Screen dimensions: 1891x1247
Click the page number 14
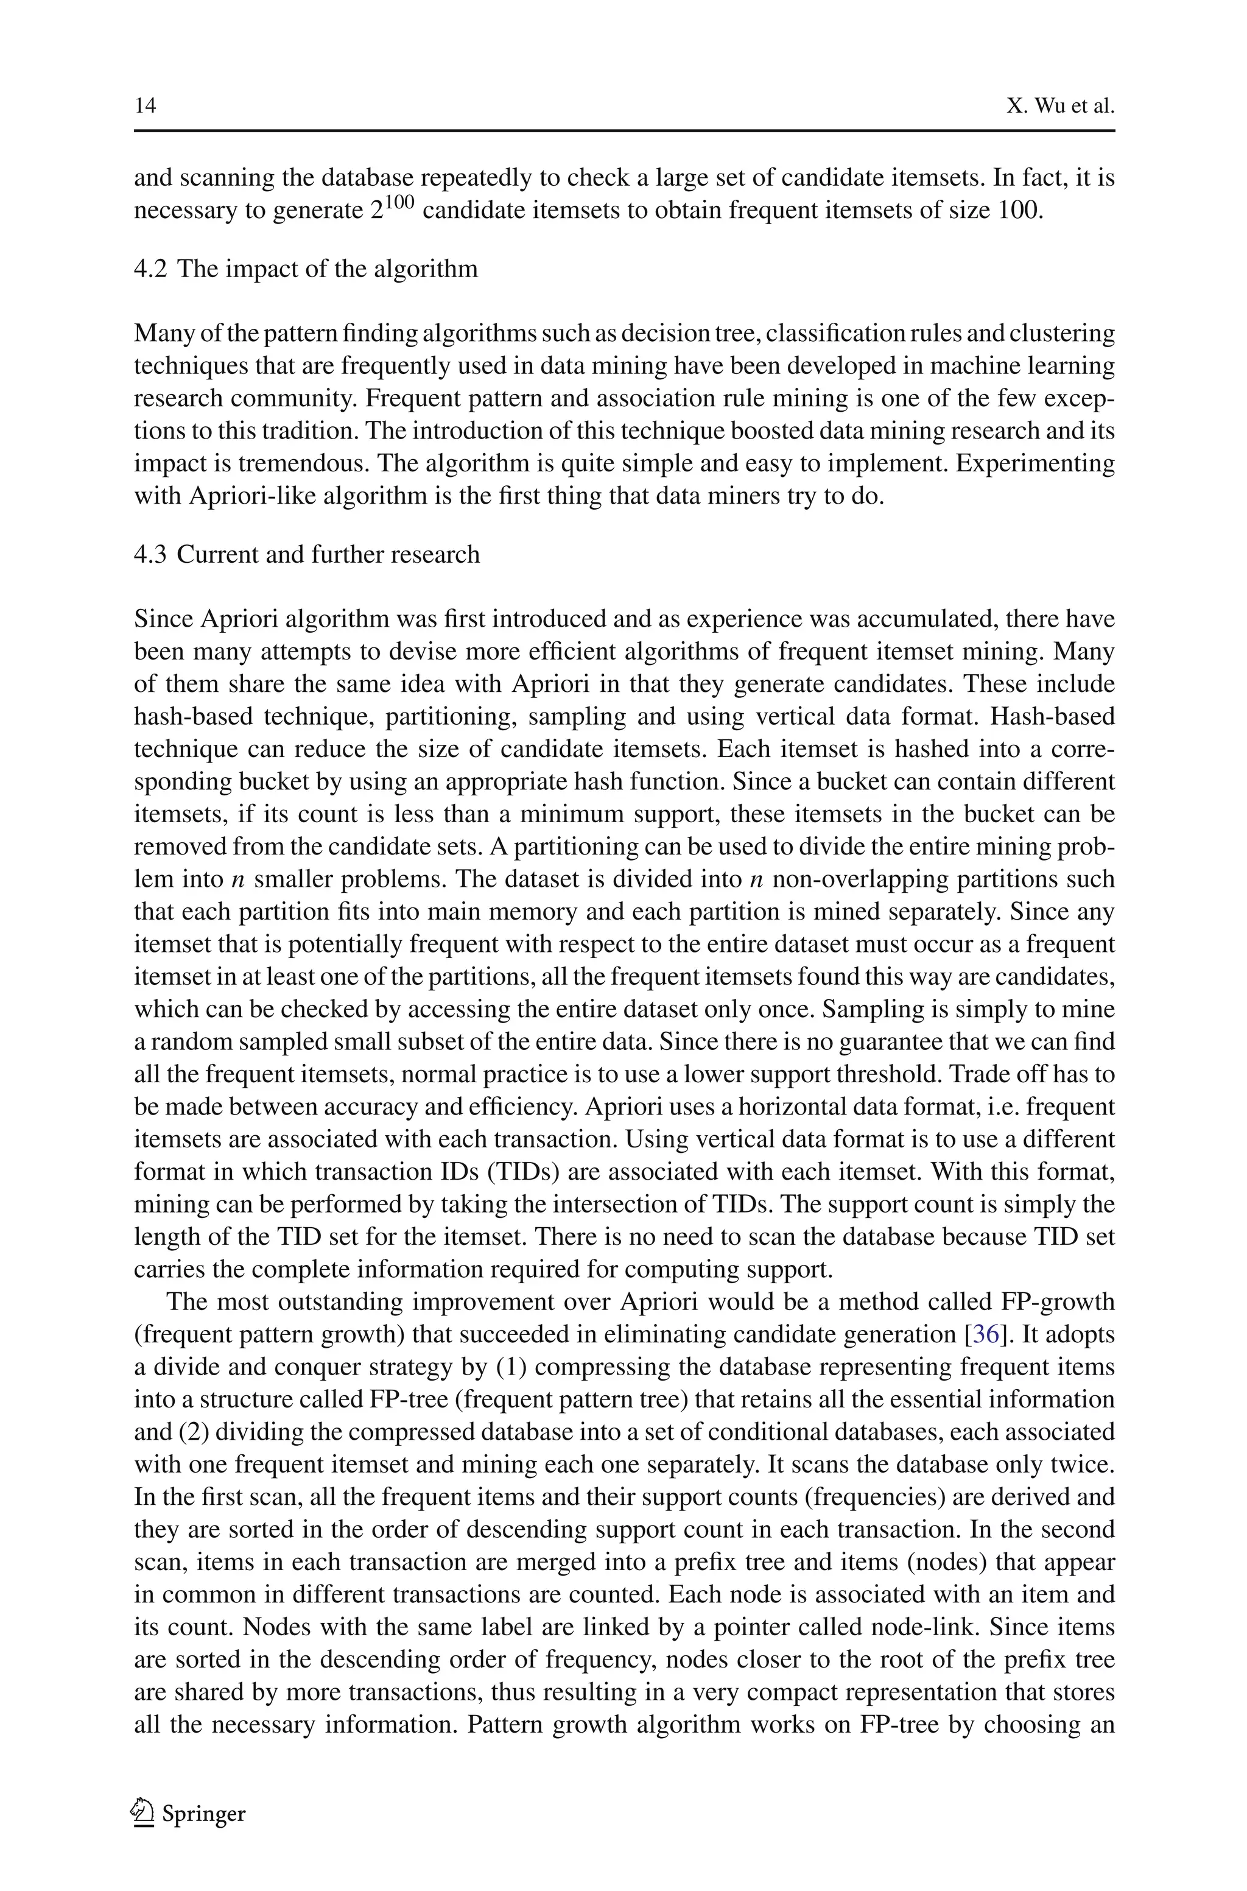pyautogui.click(x=145, y=106)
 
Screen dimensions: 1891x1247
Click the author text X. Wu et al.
pyautogui.click(x=1060, y=106)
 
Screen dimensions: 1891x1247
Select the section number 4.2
pyautogui.click(x=150, y=269)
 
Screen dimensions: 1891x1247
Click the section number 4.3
pyautogui.click(x=150, y=554)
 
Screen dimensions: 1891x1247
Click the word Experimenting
pyautogui.click(x=1034, y=463)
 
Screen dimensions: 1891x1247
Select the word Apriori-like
pyautogui.click(x=251, y=495)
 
